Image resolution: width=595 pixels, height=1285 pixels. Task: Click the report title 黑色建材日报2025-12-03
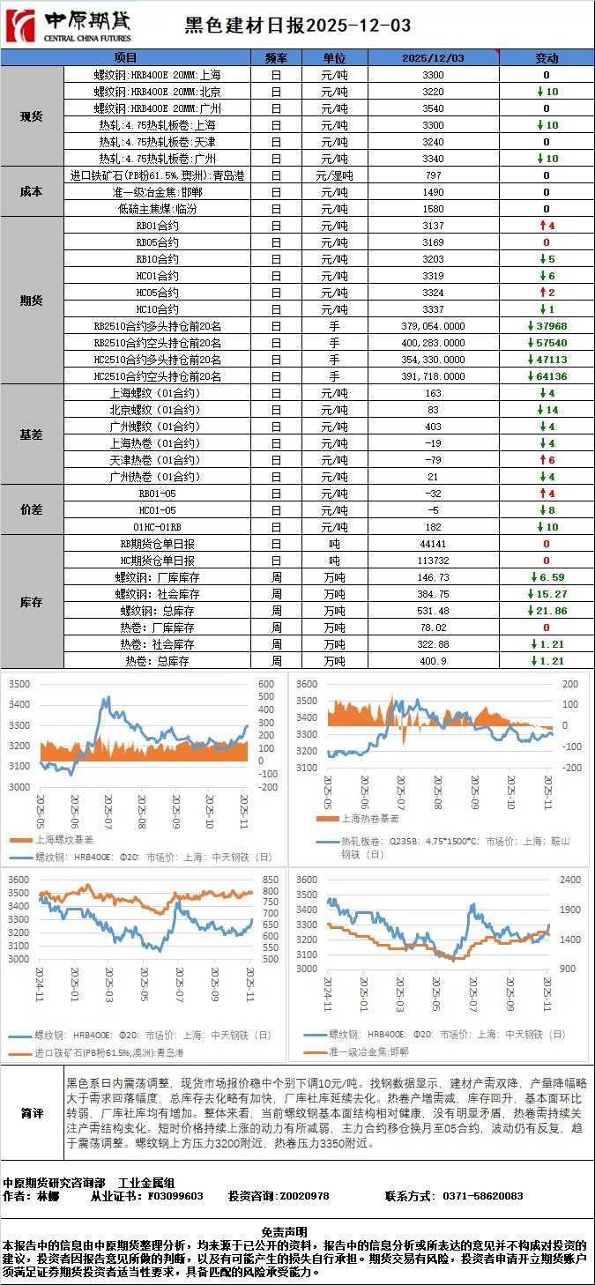(x=298, y=26)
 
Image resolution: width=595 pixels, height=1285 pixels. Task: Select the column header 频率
(x=276, y=58)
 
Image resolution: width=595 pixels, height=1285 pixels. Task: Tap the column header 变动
(x=547, y=58)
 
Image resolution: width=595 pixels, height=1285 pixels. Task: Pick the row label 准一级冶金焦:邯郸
(x=158, y=192)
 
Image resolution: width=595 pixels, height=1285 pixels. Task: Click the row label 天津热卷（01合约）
(x=158, y=460)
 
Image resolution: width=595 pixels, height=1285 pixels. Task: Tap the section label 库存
(x=32, y=602)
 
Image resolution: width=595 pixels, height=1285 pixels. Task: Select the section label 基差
(x=32, y=435)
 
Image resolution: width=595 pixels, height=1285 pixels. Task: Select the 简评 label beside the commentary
(x=32, y=1113)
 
